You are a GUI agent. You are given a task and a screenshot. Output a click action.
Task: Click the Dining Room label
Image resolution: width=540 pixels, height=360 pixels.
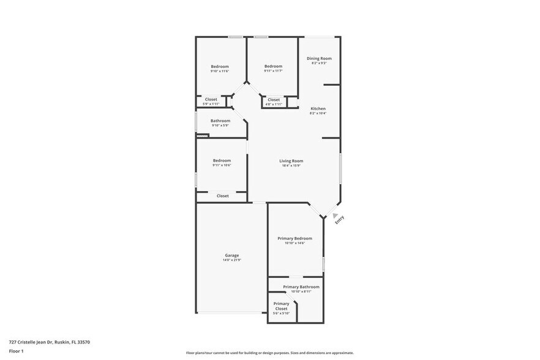click(x=319, y=58)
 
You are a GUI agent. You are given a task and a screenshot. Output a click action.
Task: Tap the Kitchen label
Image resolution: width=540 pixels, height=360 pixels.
click(x=318, y=108)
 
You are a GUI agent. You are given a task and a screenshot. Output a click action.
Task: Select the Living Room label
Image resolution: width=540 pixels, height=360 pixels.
click(x=291, y=161)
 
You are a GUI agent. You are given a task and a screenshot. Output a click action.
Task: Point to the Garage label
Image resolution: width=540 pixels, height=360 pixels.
click(x=231, y=255)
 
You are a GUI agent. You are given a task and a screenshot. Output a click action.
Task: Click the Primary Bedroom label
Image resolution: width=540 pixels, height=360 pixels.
click(x=294, y=238)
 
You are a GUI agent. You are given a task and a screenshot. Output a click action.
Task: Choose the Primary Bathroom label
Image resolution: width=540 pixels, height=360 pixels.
click(x=301, y=287)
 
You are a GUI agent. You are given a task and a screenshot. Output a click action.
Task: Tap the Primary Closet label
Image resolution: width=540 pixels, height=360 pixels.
click(x=281, y=304)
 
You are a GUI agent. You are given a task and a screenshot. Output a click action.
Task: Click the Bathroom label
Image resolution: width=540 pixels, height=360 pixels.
click(x=220, y=121)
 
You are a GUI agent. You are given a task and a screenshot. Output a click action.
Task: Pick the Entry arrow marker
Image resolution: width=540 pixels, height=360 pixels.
click(x=335, y=216)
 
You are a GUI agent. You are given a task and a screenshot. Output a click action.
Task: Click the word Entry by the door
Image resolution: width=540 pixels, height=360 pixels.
click(x=340, y=220)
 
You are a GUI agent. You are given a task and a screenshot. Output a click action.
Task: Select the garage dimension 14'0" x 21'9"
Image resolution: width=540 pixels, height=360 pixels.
click(x=231, y=260)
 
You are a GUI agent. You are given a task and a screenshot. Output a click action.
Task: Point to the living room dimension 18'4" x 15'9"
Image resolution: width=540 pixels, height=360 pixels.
click(x=291, y=165)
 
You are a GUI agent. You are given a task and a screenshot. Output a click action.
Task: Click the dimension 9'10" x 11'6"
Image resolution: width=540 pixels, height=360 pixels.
click(x=220, y=71)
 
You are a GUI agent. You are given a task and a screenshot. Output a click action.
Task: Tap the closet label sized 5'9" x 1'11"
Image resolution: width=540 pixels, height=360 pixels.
click(x=211, y=99)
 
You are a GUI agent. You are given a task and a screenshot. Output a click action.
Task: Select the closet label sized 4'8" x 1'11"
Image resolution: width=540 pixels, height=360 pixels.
click(x=274, y=99)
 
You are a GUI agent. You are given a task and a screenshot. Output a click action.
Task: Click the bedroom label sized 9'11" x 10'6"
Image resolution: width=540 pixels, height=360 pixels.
click(x=222, y=160)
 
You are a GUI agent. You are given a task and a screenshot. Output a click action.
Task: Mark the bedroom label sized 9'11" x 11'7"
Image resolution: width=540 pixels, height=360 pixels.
click(x=273, y=66)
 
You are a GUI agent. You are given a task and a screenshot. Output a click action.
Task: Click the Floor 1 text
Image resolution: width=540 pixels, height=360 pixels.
click(x=17, y=351)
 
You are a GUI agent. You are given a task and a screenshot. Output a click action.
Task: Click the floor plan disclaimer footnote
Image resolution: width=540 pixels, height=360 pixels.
click(x=269, y=353)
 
